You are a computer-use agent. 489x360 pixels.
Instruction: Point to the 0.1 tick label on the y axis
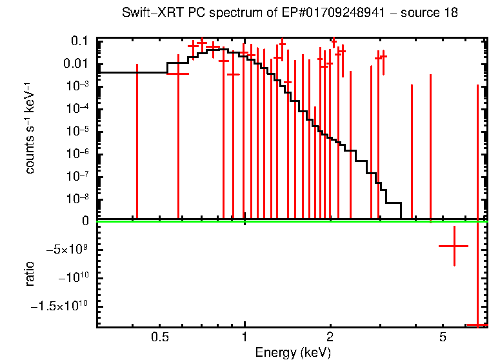click(79, 41)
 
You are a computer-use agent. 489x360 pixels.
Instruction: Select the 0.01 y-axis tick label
click(76, 63)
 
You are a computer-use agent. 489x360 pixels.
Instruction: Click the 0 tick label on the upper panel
click(84, 221)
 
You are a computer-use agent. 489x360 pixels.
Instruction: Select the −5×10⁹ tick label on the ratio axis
click(68, 249)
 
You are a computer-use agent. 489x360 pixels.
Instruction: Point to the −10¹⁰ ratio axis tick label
click(72, 277)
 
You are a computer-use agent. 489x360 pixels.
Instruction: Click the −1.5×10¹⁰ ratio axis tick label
click(62, 305)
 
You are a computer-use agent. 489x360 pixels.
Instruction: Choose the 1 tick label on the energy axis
click(245, 337)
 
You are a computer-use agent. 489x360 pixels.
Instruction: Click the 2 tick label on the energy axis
click(330, 337)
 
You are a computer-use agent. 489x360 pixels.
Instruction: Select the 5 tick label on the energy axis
click(443, 337)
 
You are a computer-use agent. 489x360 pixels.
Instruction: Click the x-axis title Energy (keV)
click(293, 352)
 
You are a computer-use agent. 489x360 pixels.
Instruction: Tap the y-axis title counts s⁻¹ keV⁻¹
click(30, 129)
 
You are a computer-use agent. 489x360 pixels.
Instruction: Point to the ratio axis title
click(30, 274)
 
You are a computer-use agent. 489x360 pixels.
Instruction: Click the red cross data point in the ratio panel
click(454, 246)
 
